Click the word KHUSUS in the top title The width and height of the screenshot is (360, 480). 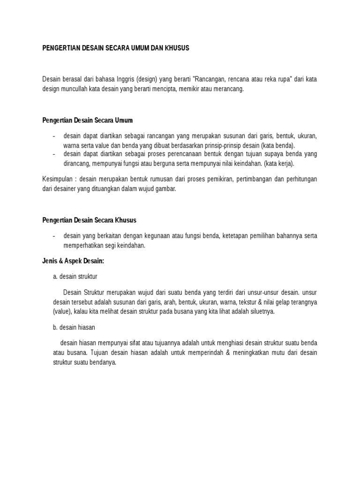[176, 48]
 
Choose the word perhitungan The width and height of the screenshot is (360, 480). [300, 179]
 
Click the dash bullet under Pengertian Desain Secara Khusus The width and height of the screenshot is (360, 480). [54, 236]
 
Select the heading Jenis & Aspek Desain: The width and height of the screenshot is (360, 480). [73, 261]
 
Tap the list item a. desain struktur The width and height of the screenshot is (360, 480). [75, 276]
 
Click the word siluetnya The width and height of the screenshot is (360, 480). [257, 311]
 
